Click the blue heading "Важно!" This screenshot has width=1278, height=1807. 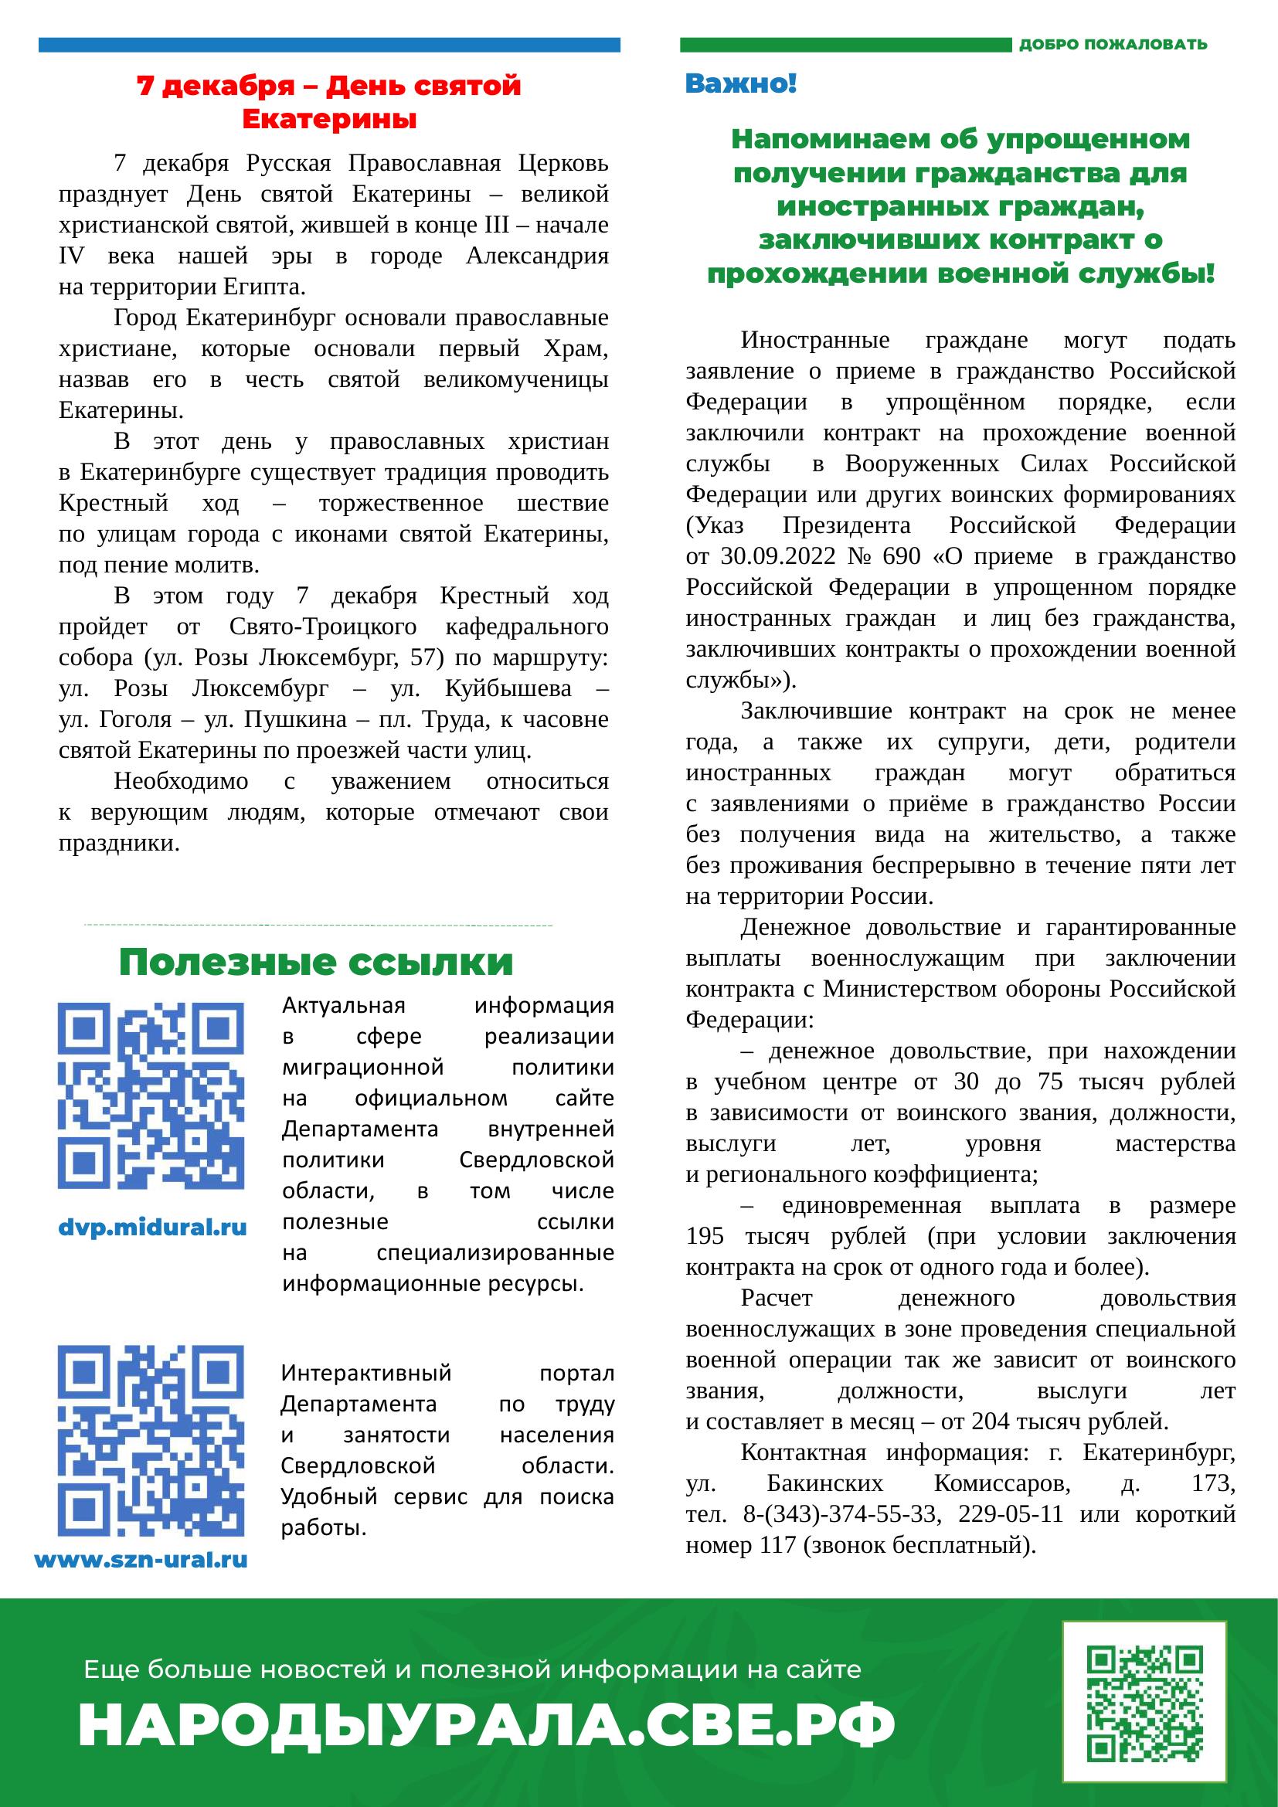click(741, 83)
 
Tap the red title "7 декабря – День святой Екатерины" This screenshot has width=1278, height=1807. click(330, 102)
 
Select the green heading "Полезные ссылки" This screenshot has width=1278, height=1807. click(316, 963)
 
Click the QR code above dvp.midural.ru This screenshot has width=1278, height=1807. click(151, 1095)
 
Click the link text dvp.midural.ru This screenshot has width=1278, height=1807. click(154, 1227)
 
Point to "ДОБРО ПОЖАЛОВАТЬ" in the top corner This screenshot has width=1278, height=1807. click(1113, 45)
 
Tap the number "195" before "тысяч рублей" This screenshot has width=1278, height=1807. click(705, 1236)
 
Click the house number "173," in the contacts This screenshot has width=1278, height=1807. click(1212, 1484)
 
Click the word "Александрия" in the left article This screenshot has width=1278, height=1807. click(538, 256)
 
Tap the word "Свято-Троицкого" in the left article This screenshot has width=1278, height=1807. click(323, 627)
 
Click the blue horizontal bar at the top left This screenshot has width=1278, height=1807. click(329, 45)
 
